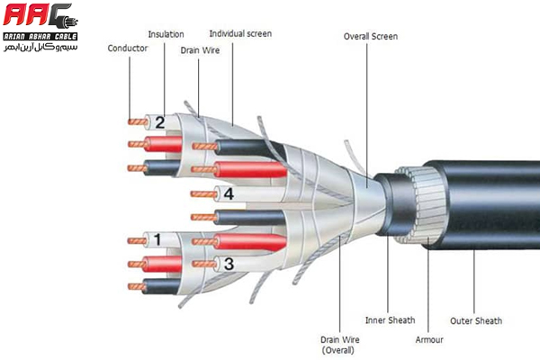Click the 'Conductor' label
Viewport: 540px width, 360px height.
point(127,48)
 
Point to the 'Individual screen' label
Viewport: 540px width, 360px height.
point(238,34)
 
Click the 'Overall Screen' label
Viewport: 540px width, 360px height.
point(370,37)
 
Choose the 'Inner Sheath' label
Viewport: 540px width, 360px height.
point(389,319)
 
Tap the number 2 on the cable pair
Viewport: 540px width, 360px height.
point(159,122)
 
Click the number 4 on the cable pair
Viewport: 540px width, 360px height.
point(229,193)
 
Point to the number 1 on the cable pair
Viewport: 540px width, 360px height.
point(157,239)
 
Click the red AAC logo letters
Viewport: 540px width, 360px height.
point(39,16)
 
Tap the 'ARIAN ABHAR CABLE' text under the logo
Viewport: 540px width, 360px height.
point(40,36)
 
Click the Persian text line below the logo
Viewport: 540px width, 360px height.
point(40,46)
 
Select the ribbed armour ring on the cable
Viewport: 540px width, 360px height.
point(416,204)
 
